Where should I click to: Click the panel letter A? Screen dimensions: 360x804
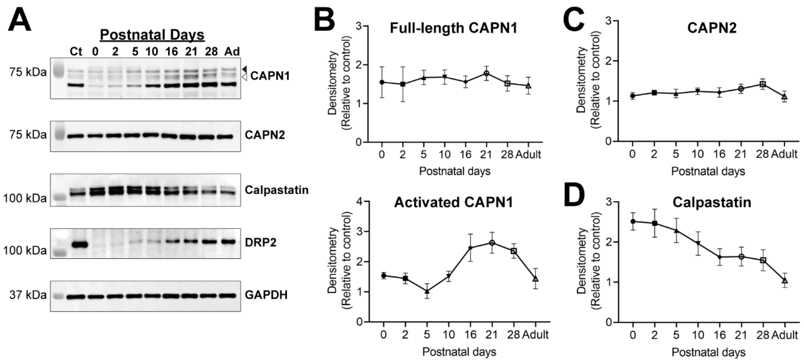coord(19,19)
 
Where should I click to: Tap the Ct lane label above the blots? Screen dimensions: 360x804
coord(76,51)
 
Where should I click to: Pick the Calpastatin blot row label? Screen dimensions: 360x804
coord(276,190)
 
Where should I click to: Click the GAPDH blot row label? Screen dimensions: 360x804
coord(266,295)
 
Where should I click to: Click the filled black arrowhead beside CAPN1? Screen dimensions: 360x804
coord(245,69)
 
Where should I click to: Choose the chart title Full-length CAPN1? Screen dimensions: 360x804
coord(453,28)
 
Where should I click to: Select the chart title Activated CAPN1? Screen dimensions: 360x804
coord(453,203)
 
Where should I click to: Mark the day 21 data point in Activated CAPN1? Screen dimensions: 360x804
coord(492,243)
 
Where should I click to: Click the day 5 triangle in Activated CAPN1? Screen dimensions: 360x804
coord(427,291)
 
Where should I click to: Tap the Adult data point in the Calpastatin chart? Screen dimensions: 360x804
coord(785,280)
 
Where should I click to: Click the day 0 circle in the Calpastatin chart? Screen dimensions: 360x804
coord(633,221)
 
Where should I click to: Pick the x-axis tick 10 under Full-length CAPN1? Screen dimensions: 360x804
coord(444,154)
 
